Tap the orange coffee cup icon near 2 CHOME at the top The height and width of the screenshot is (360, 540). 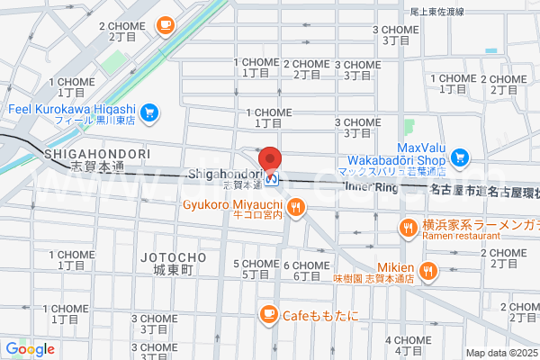(x=165, y=26)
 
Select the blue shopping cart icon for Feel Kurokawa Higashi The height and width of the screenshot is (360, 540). (x=149, y=112)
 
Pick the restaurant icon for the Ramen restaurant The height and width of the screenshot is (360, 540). (x=409, y=229)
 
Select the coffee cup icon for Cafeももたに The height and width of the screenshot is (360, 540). (x=268, y=313)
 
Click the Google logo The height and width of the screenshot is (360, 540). (x=31, y=349)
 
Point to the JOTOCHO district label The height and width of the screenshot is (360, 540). (x=174, y=258)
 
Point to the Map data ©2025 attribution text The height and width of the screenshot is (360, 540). (x=500, y=353)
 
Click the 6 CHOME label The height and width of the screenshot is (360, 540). (x=307, y=265)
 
